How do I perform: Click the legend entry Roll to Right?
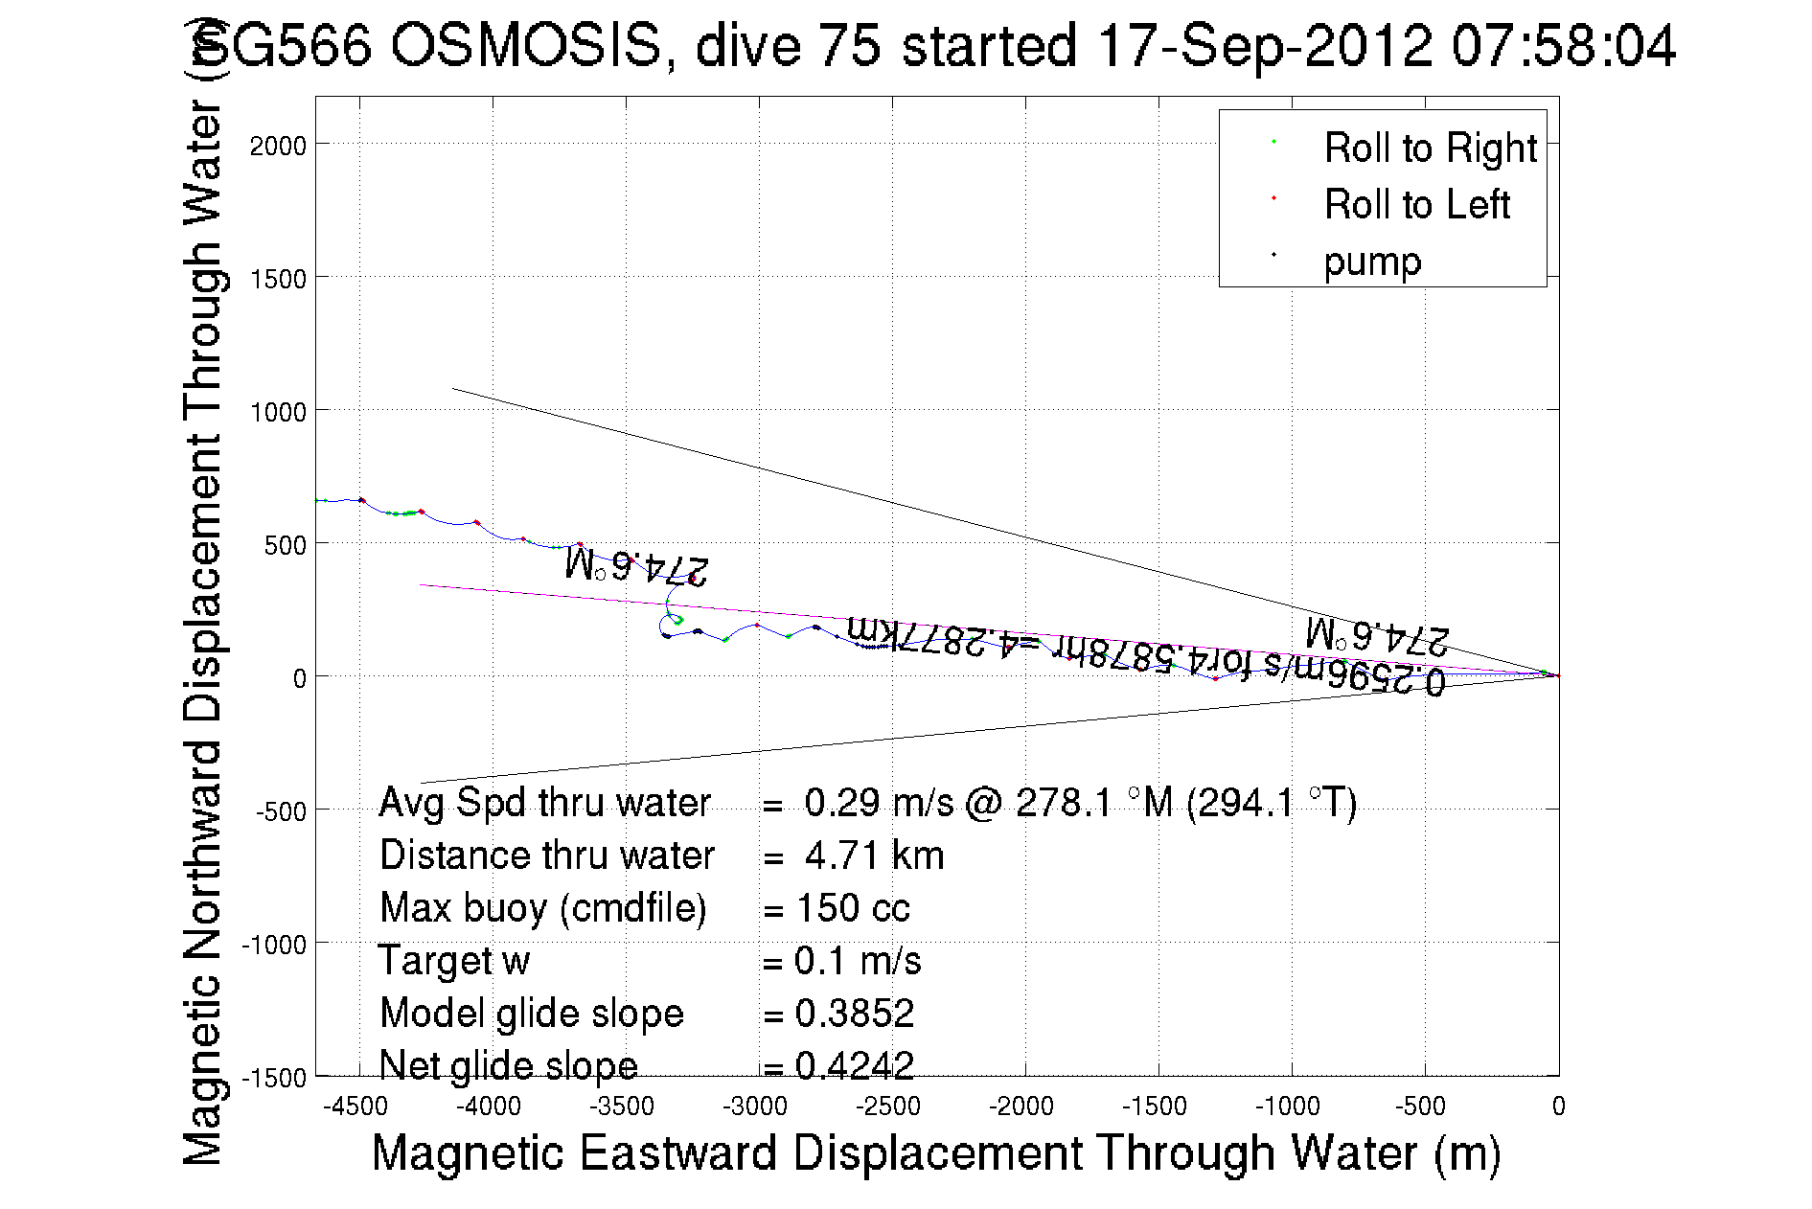(x=1430, y=148)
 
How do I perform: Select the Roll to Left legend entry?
(x=1416, y=205)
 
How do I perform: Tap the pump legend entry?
(x=1372, y=262)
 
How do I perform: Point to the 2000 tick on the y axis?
(x=278, y=146)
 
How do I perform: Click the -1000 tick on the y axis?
(x=274, y=945)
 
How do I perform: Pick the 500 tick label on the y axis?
(x=285, y=545)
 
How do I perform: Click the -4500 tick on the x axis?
(x=356, y=1106)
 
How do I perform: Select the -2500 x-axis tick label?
(x=888, y=1106)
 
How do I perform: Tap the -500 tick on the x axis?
(x=1420, y=1106)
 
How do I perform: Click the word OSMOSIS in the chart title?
(x=526, y=46)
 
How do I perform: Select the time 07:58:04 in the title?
(x=1563, y=46)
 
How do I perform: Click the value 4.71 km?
(x=874, y=855)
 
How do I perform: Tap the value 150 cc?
(x=853, y=908)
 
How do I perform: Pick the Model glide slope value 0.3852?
(x=854, y=1014)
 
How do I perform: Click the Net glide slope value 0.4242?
(x=854, y=1066)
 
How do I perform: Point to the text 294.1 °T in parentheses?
(x=1272, y=803)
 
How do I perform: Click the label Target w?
(x=454, y=961)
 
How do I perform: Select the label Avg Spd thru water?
(x=544, y=803)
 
